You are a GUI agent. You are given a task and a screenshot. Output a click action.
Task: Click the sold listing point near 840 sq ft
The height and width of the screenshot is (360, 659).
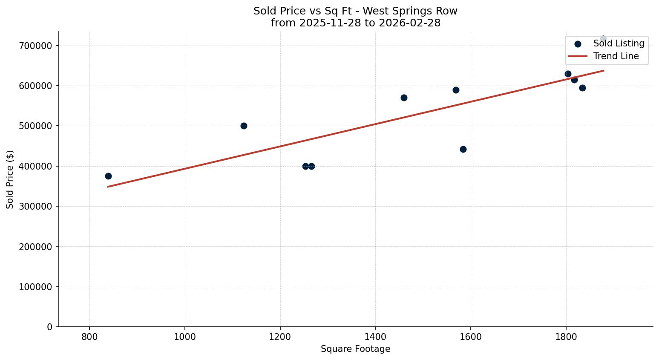(108, 176)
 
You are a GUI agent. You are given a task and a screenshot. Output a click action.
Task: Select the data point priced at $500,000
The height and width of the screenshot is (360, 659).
(244, 126)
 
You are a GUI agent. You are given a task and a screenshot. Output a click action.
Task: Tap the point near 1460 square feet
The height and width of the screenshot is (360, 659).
(404, 98)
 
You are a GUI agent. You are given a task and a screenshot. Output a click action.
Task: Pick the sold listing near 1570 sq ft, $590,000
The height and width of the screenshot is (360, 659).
(456, 90)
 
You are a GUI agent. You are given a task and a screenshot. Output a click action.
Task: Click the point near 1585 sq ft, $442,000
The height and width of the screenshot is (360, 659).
(463, 149)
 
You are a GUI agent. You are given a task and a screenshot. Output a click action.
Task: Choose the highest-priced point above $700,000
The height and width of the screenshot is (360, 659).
(603, 39)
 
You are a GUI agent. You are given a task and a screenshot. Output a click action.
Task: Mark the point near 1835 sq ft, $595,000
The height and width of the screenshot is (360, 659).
(582, 88)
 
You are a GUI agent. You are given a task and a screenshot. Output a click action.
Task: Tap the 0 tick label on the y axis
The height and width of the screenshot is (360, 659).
(50, 327)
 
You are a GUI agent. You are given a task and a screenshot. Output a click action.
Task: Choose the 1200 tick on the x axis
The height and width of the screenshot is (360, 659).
(280, 337)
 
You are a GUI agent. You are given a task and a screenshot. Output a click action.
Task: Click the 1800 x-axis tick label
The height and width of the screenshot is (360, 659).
(566, 337)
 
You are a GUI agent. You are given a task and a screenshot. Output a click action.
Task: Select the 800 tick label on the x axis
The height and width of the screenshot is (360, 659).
(89, 337)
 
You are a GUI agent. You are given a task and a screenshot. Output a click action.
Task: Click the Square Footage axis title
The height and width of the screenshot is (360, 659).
(355, 349)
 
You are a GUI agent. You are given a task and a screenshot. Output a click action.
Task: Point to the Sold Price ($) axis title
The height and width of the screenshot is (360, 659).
(10, 179)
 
